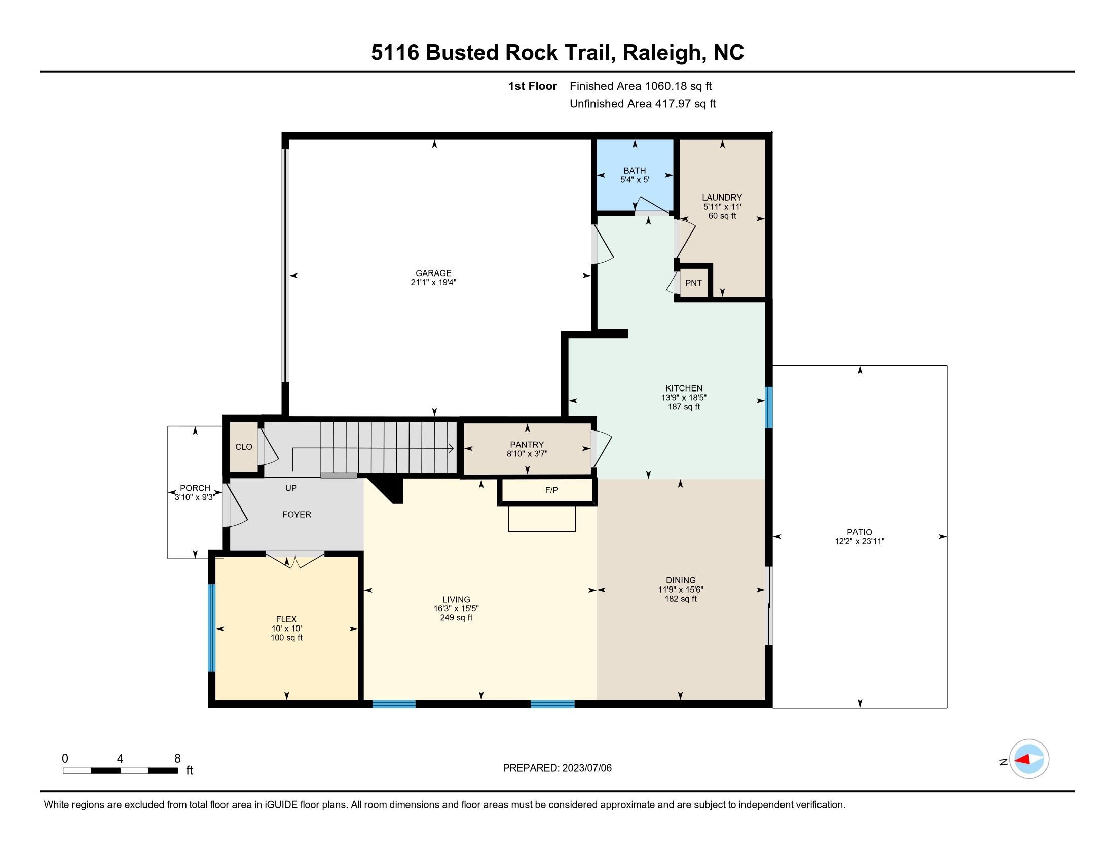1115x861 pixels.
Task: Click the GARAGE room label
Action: pos(433,273)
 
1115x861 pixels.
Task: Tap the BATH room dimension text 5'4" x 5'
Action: pos(635,180)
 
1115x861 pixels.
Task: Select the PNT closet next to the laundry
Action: pos(693,283)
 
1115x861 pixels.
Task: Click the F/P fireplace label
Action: pos(551,490)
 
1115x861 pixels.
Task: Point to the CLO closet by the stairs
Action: pos(243,447)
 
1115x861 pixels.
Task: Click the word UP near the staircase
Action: pos(291,488)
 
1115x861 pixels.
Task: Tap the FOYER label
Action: pos(296,514)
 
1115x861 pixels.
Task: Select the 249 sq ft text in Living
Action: pos(456,618)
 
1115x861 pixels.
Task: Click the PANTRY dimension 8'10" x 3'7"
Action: pos(527,453)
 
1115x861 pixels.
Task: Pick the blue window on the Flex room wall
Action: pos(211,628)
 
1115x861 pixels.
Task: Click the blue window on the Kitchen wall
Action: pos(769,408)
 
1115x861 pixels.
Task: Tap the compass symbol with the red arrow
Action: pos(1029,759)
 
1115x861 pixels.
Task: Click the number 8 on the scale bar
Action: pos(177,759)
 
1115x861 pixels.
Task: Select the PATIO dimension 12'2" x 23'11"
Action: pos(859,541)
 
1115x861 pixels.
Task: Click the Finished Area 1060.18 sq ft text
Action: pos(640,86)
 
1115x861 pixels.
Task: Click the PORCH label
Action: pos(195,488)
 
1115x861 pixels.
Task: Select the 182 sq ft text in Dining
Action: pos(680,598)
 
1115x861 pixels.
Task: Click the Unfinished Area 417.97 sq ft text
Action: pos(642,103)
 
